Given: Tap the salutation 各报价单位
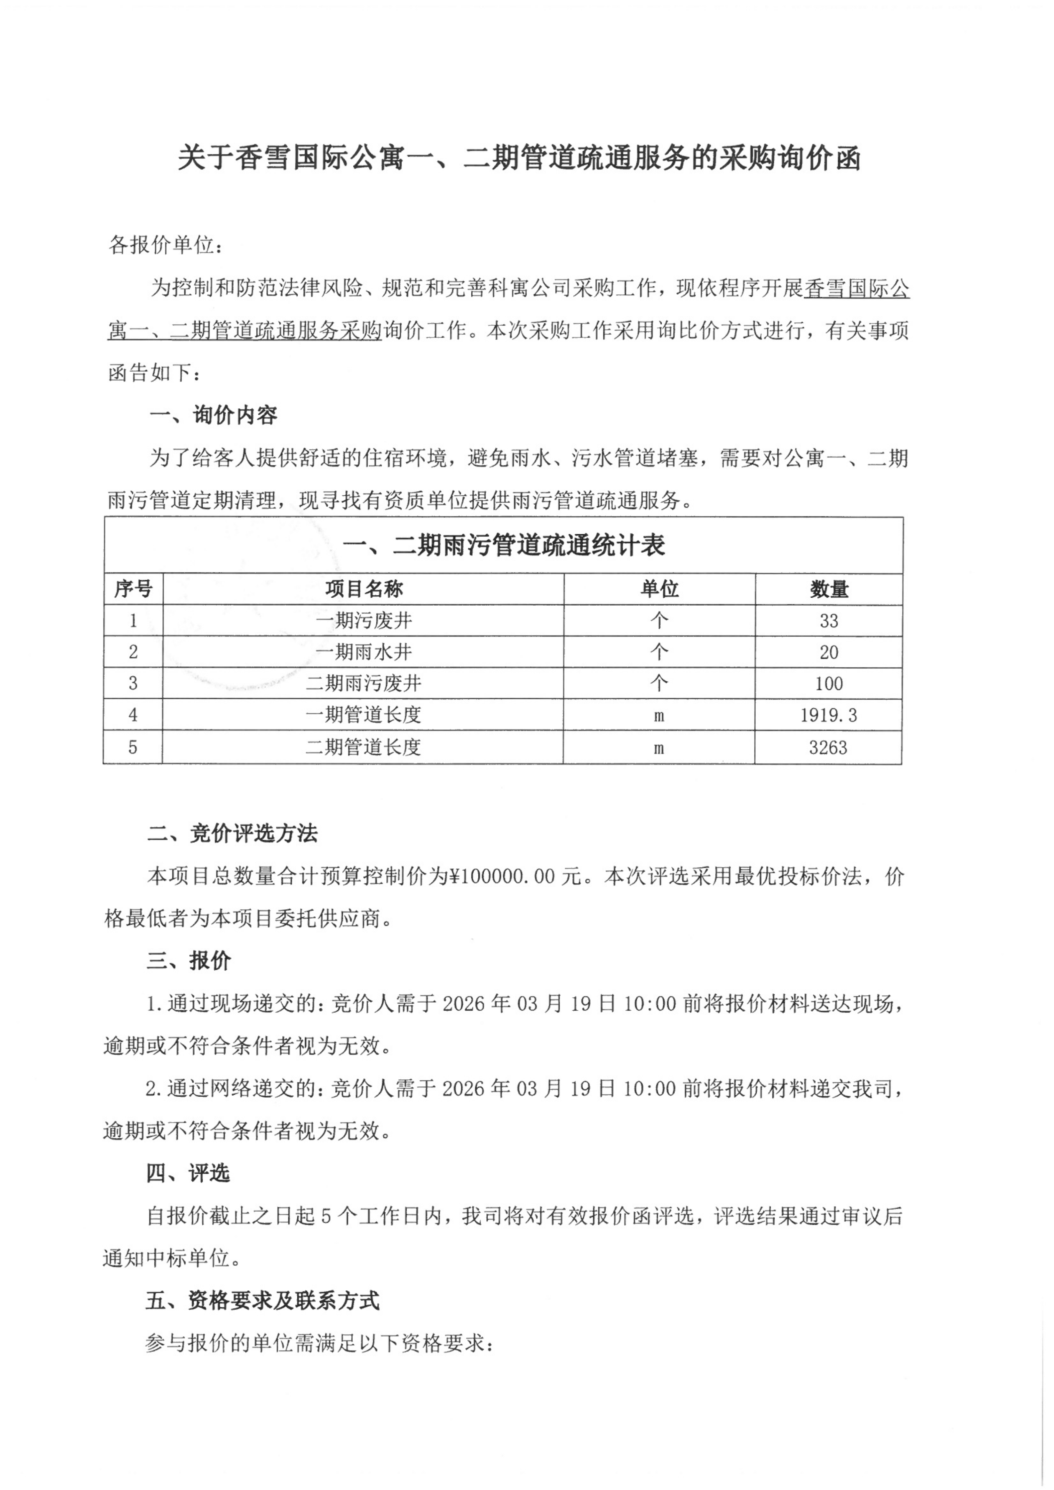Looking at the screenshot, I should (166, 245).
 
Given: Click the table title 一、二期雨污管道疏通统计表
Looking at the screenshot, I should (504, 545).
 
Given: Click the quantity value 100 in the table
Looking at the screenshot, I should (829, 683).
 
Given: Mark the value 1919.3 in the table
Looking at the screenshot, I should (829, 715).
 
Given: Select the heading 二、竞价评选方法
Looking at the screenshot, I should (232, 834).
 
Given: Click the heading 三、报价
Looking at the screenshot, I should (188, 961).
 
